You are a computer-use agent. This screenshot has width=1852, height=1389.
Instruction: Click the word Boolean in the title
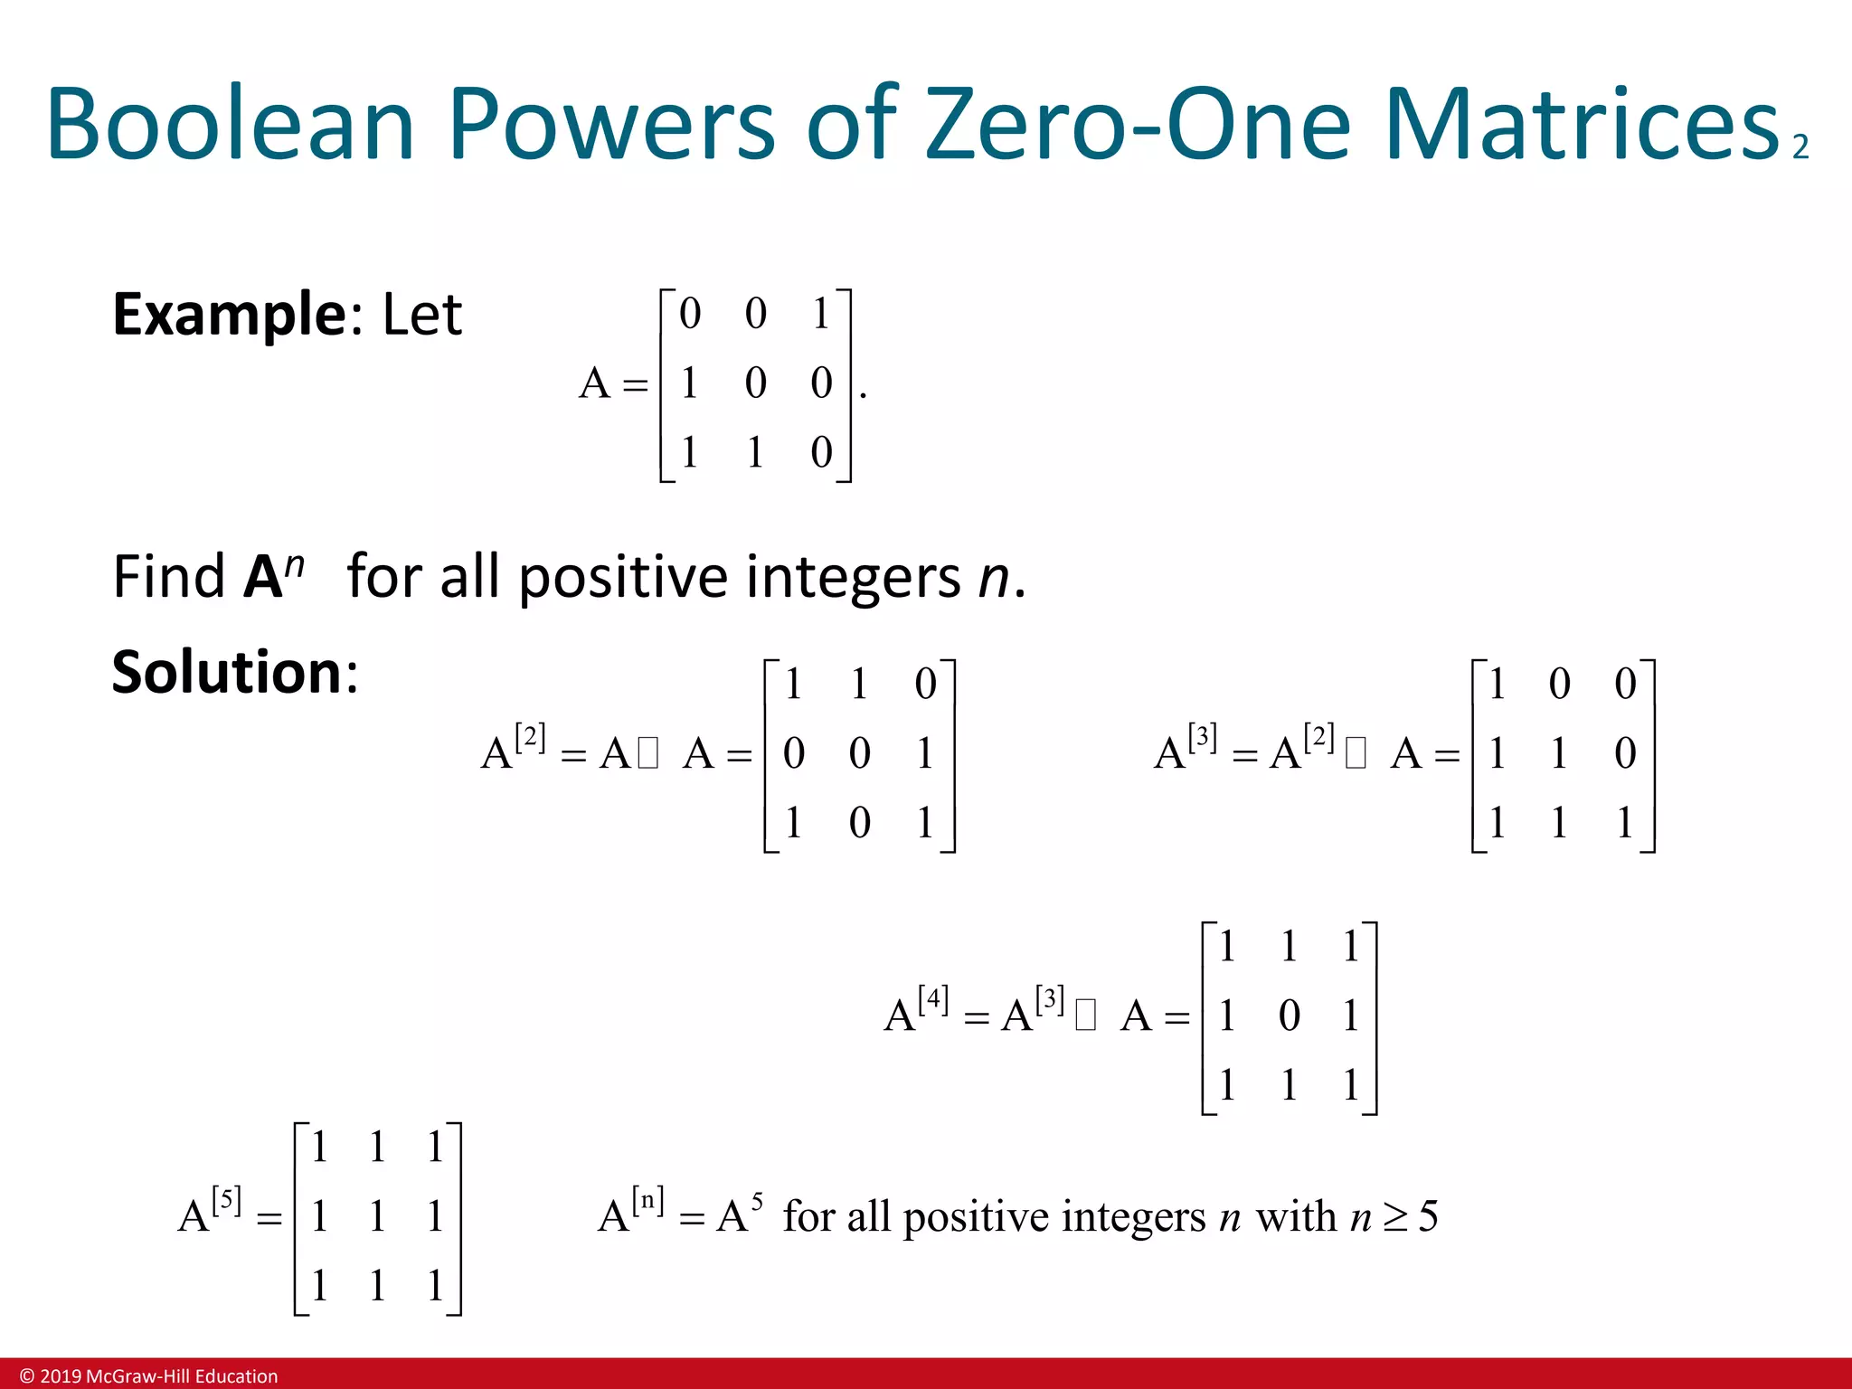(x=230, y=124)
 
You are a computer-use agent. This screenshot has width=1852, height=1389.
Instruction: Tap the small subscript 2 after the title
(x=1800, y=147)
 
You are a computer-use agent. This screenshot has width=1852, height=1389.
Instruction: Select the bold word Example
(x=226, y=316)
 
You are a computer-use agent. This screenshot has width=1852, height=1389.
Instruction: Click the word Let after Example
(x=421, y=316)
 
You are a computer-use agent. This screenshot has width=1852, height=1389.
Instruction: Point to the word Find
(x=168, y=577)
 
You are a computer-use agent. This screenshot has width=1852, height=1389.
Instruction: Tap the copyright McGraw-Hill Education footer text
(x=149, y=1375)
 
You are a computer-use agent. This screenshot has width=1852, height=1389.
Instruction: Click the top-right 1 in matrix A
(x=821, y=314)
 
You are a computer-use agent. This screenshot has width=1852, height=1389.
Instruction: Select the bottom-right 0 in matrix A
(x=821, y=452)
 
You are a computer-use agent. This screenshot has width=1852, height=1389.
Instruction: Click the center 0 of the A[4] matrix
(x=1290, y=1016)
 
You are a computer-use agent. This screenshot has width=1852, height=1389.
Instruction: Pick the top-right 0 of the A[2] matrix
(x=925, y=684)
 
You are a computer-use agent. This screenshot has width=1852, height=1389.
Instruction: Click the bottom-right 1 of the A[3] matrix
(x=1625, y=823)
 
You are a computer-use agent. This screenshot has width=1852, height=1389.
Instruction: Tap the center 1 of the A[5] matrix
(x=377, y=1216)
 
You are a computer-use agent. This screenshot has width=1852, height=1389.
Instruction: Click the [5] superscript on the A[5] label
(x=226, y=1201)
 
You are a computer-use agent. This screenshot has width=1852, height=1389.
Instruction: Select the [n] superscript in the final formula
(x=647, y=1201)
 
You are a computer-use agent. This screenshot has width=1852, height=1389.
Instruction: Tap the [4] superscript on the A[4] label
(x=933, y=1000)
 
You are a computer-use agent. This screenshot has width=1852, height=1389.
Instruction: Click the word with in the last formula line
(x=1296, y=1216)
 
